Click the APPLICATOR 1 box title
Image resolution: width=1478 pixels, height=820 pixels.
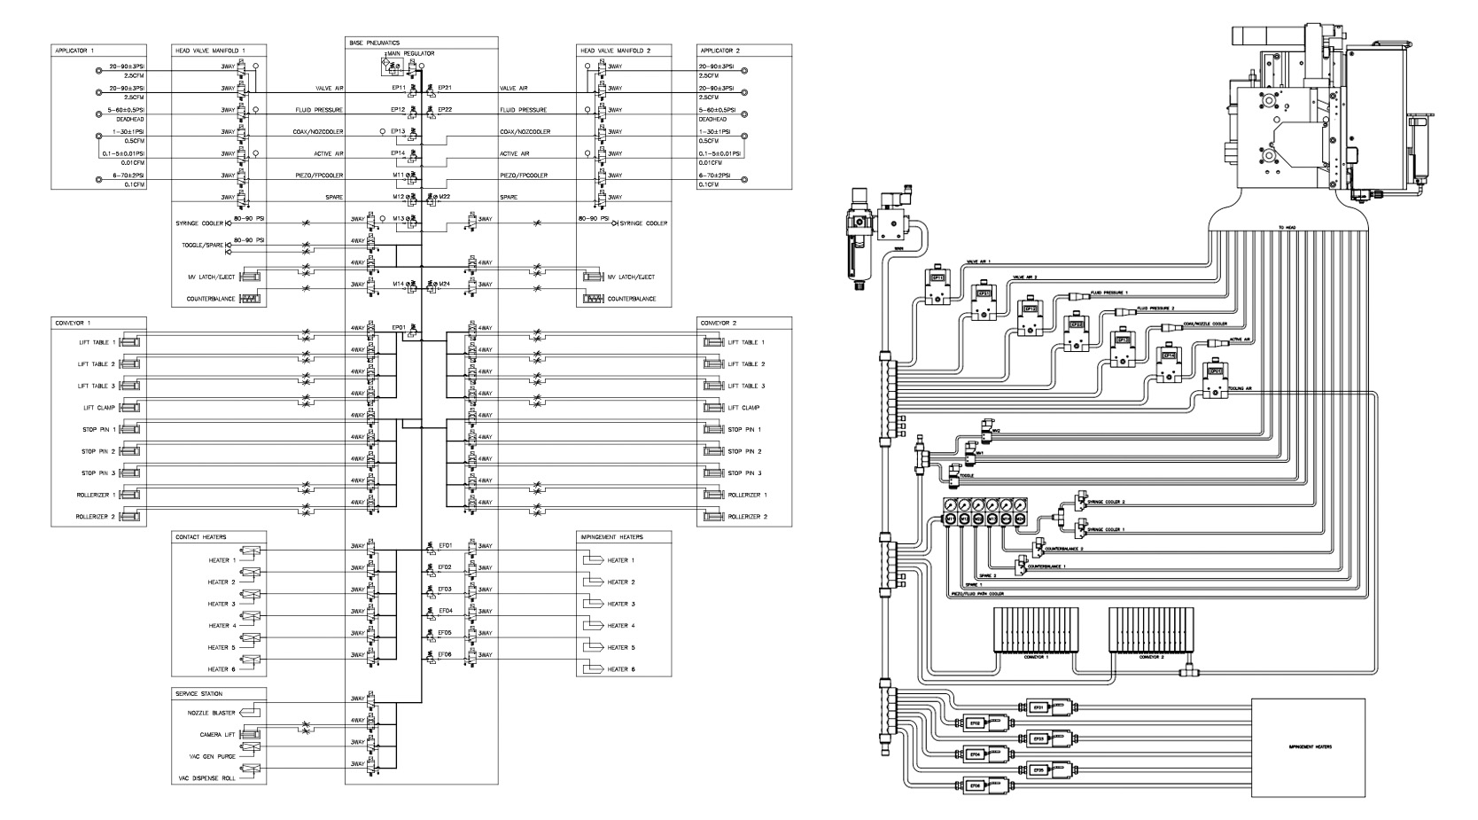[74, 51]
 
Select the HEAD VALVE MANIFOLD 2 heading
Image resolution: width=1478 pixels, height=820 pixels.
[615, 51]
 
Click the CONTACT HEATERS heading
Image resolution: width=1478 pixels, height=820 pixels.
[198, 537]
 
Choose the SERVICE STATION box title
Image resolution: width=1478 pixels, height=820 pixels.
[199, 693]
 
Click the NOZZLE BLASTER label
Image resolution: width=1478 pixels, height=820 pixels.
[210, 713]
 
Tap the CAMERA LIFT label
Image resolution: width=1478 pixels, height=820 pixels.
[217, 735]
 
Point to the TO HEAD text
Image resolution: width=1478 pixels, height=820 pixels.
[1287, 228]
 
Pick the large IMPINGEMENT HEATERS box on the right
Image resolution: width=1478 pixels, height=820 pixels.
[1307, 747]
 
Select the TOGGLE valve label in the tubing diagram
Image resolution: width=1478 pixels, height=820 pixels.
[967, 475]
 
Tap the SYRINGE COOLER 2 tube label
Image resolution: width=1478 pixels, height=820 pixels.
[1108, 503]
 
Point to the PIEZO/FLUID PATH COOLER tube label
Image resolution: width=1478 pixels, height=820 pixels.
[980, 593]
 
